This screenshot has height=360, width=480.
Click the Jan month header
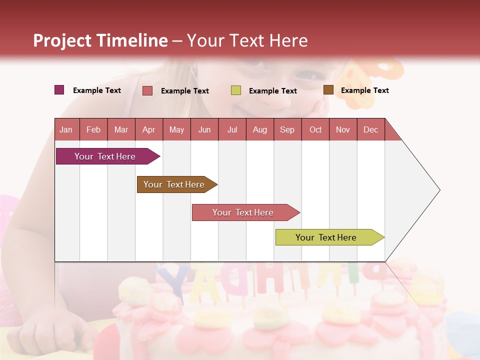click(66, 129)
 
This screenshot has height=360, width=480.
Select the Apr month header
click(149, 129)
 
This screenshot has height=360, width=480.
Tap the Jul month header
click(232, 129)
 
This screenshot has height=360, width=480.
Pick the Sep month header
click(287, 129)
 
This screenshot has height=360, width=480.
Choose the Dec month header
click(370, 129)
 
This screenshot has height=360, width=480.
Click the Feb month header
click(93, 129)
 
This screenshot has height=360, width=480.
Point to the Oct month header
click(315, 129)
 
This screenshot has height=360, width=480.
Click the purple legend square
click(59, 90)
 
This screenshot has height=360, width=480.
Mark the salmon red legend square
click(147, 90)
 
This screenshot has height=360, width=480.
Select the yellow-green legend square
click(236, 90)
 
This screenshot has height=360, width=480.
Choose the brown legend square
click(328, 90)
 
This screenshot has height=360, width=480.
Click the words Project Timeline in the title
click(100, 40)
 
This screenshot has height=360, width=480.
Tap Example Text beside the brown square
click(364, 90)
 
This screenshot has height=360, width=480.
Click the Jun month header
click(204, 129)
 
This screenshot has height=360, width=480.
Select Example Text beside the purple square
click(97, 90)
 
